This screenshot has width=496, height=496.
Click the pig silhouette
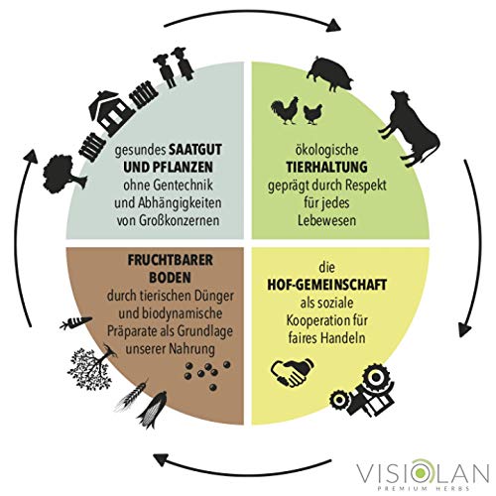pos(329,74)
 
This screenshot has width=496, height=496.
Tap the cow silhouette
pos(410,127)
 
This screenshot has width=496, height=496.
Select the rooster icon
pos(285,111)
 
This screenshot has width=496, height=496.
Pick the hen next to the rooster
pos(312,114)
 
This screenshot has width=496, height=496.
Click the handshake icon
pos(293,372)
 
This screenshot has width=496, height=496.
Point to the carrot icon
pos(75,322)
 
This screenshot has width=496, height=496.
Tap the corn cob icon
pos(152,410)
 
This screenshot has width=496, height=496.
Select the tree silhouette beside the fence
pos(63,174)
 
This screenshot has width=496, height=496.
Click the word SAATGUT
pos(195,150)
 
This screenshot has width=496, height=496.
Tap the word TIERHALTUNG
pos(326,167)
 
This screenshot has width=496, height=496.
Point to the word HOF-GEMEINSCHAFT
pos(326,285)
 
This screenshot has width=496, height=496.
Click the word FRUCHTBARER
pos(171,260)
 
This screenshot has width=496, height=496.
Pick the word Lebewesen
pos(326,220)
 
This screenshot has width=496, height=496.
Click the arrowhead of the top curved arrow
pos(334,26)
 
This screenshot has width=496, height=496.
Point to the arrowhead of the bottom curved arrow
pos(160,459)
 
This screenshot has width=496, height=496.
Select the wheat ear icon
pos(131,397)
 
